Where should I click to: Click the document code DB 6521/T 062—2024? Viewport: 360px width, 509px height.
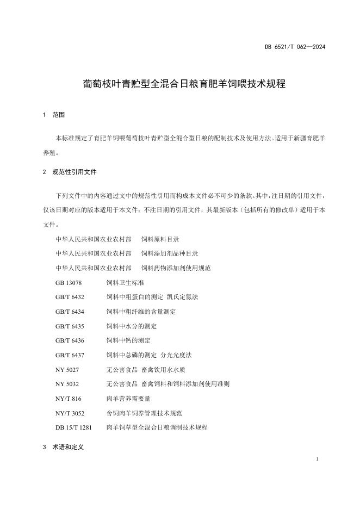tap(295, 47)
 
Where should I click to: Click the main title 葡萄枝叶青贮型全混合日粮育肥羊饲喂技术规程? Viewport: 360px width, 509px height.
tap(180, 84)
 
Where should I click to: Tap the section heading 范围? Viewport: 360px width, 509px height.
tap(58, 115)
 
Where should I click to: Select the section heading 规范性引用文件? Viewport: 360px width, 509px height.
tap(74, 172)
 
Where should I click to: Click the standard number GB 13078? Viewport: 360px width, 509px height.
tap(68, 283)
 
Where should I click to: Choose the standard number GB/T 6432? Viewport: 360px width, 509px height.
tap(70, 297)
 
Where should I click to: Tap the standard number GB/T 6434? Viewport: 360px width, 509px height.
tap(70, 312)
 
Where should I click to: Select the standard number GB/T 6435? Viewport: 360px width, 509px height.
tap(70, 326)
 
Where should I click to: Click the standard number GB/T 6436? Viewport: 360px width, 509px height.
tap(70, 340)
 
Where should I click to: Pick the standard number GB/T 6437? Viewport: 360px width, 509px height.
tap(70, 355)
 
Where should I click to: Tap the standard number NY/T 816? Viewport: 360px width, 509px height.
tap(68, 399)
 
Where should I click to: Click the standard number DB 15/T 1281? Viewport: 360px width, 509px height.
tap(73, 427)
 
